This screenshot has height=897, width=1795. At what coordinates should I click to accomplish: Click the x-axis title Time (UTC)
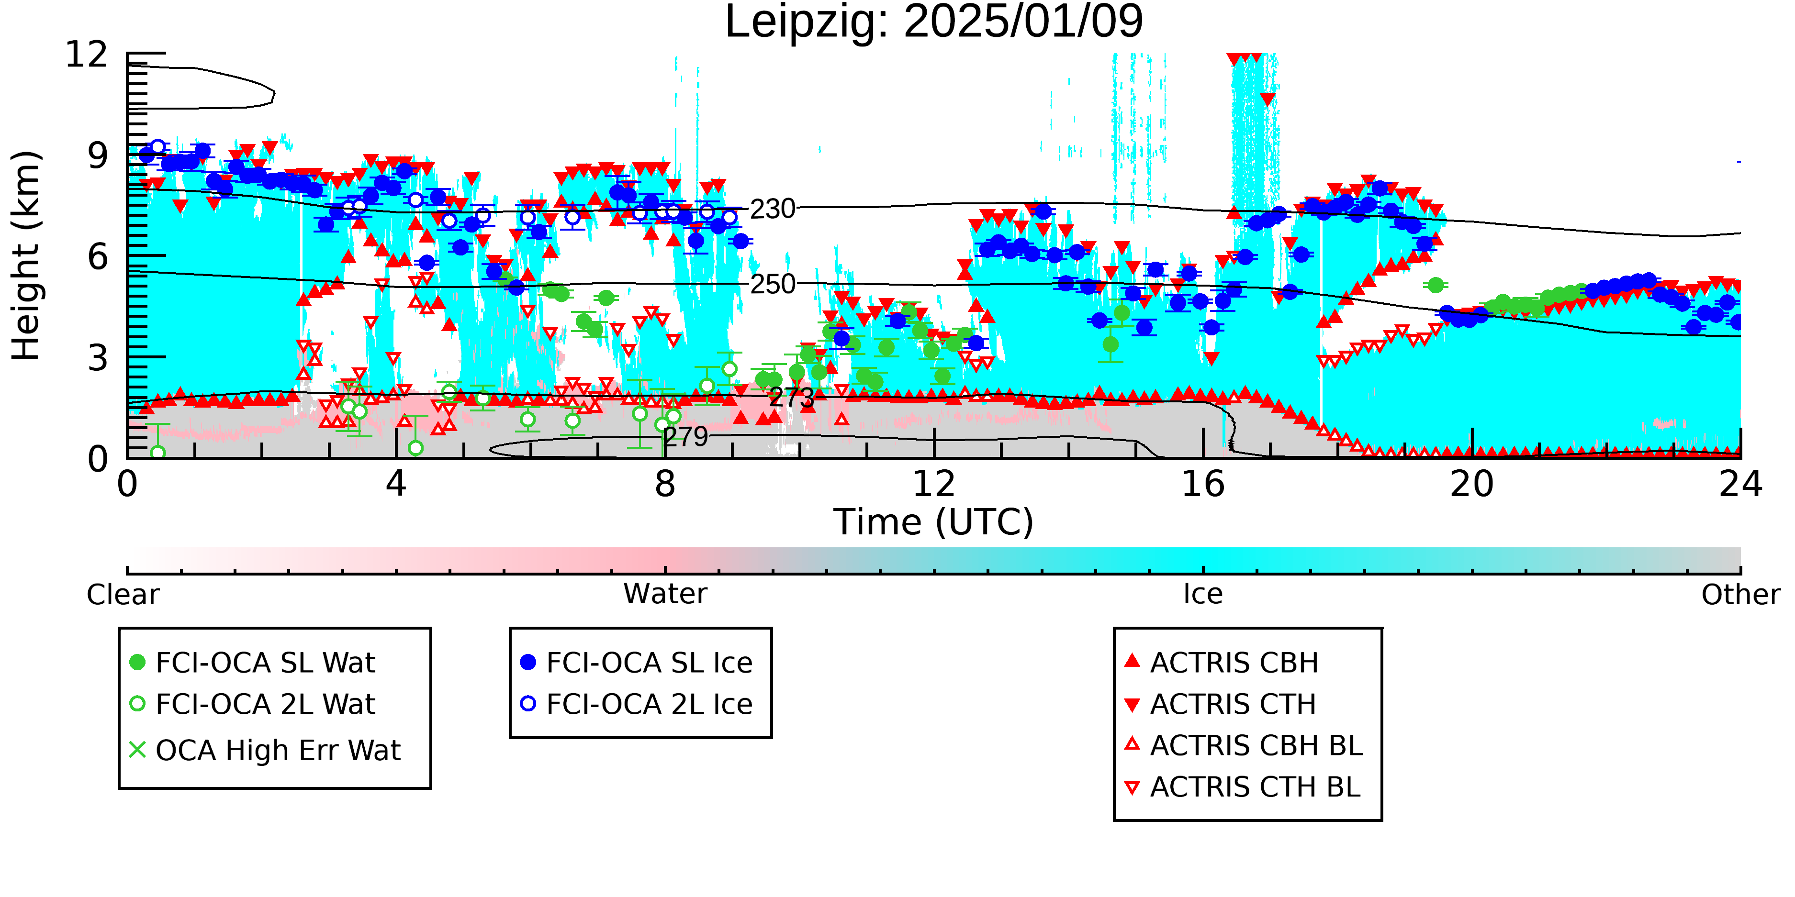934,522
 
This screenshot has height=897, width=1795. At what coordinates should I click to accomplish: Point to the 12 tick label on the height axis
87,55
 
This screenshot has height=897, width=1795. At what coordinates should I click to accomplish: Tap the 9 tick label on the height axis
98,155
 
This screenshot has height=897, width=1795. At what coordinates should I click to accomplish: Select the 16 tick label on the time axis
1203,484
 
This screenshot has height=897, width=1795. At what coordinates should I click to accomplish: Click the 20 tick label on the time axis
1472,484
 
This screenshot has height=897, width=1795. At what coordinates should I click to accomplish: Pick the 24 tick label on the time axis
1740,484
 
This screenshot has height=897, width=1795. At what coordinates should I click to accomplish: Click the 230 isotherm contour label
772,209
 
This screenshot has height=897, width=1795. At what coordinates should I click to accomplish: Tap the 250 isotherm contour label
772,284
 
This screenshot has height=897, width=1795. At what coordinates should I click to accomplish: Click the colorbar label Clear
123,595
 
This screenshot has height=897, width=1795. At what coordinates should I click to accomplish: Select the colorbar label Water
665,594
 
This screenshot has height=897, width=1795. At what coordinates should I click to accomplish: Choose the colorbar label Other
1740,595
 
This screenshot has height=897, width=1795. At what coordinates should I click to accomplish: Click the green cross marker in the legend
137,750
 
